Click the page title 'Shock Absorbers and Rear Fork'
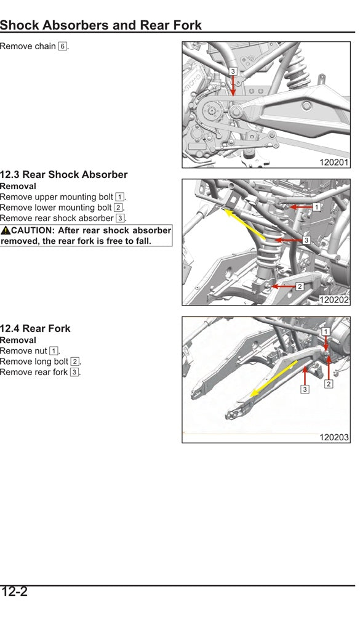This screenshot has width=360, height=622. pos(101,25)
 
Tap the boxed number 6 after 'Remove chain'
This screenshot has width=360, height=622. pos(62,46)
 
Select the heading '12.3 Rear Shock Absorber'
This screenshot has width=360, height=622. pos(64,175)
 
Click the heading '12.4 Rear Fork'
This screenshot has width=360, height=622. pos(35,329)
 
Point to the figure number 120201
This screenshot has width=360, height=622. pos(334,163)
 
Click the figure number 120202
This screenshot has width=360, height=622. pos(334,300)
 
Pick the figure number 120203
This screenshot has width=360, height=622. pos(334,437)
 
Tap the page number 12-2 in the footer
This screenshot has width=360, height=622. pos(14,592)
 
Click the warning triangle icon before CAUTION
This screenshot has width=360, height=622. pos(6,230)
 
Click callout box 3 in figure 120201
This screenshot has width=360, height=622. pos(233,71)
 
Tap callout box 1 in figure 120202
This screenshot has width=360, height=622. pos(316,208)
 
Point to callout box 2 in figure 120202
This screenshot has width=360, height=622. pos(300,286)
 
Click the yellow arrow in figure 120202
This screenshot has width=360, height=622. pos(244,224)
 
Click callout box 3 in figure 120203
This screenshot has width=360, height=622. pos(305,389)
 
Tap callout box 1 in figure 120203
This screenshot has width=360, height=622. pos(326,331)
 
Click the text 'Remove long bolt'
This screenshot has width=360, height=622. pos(34,361)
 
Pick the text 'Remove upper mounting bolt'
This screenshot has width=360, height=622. pos(57,197)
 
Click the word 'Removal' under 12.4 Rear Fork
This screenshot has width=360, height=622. pos(18,340)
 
